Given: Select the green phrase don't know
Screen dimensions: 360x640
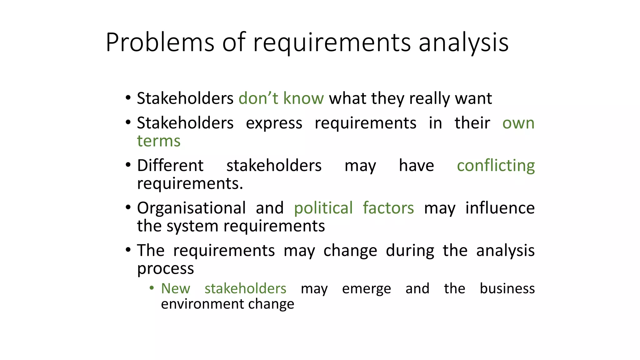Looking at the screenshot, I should (x=281, y=98).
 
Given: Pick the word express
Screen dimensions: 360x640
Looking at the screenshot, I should (x=274, y=123).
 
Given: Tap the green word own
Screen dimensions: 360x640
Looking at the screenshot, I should (x=518, y=123).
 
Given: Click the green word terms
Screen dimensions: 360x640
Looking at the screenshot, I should (x=159, y=141).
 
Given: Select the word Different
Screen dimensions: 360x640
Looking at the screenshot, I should (x=170, y=166).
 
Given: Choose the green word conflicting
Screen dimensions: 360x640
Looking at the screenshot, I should (x=496, y=166).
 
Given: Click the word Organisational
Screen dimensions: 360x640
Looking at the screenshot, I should (x=191, y=208).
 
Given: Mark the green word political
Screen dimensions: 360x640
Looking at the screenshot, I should (x=323, y=208).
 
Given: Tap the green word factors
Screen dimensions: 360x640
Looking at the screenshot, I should (x=388, y=208).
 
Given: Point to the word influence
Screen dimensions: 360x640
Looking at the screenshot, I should (x=500, y=208).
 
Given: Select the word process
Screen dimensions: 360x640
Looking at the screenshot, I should (x=165, y=269).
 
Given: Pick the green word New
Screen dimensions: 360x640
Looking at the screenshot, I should (x=175, y=288).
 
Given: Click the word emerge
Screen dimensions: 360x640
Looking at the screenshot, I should (x=366, y=288).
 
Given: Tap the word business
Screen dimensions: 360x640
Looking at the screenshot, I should (x=507, y=288).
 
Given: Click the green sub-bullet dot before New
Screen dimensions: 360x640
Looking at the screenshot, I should (x=152, y=288).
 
